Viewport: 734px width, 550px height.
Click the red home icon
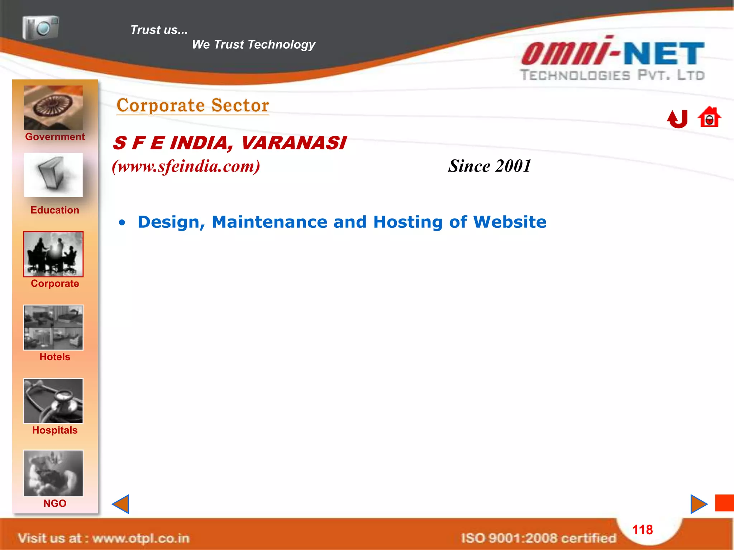(709, 117)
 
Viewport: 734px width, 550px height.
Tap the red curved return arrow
(677, 119)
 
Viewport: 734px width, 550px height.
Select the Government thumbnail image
(53, 107)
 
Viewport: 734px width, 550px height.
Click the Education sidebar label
(55, 210)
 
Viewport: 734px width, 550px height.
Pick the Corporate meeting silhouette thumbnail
(53, 254)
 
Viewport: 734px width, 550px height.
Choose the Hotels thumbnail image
(53, 327)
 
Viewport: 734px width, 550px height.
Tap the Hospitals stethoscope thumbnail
(53, 401)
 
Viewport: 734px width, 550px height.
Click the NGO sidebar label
(55, 503)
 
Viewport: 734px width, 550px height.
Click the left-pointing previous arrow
(121, 504)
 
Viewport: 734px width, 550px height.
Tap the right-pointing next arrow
(699, 504)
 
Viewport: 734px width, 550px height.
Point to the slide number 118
(643, 530)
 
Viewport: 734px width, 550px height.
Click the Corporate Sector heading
(193, 105)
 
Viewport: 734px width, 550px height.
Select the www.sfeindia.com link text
(186, 166)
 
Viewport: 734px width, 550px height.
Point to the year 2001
(513, 166)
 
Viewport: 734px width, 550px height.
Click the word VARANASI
(294, 143)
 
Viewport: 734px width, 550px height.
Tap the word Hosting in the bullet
(408, 222)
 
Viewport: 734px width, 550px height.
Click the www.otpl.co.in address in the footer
(140, 538)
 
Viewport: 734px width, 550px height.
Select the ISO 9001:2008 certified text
(538, 538)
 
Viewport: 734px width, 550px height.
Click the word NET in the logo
(664, 54)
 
